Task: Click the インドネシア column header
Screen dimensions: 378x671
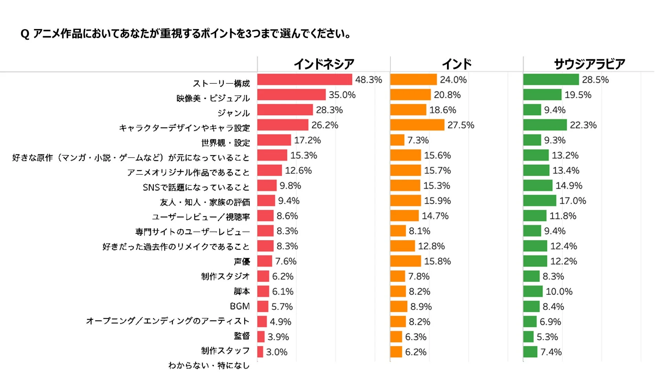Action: pyautogui.click(x=324, y=64)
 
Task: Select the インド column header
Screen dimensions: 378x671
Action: pyautogui.click(x=457, y=64)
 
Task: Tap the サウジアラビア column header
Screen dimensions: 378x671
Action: pyautogui.click(x=589, y=64)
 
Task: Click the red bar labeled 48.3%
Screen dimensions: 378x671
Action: pyautogui.click(x=305, y=80)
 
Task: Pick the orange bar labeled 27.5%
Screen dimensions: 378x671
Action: pyautogui.click(x=417, y=125)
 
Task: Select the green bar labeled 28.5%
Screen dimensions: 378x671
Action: pyautogui.click(x=551, y=80)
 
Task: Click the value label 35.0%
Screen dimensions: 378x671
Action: pyautogui.click(x=342, y=95)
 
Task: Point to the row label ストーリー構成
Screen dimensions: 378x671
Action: pyautogui.click(x=221, y=83)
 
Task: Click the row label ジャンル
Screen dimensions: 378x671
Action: pyautogui.click(x=233, y=113)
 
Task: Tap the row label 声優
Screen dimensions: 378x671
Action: pyautogui.click(x=242, y=262)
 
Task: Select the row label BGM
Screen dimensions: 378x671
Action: pyautogui.click(x=239, y=306)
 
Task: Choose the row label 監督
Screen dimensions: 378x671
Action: pyautogui.click(x=242, y=336)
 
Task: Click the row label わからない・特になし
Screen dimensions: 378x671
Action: pyautogui.click(x=209, y=366)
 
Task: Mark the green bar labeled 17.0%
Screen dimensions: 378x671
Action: pyautogui.click(x=540, y=201)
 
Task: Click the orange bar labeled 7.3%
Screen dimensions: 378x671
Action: pyautogui.click(x=397, y=140)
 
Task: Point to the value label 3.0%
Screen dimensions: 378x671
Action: pyautogui.click(x=277, y=352)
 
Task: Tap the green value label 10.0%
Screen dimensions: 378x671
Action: pyautogui.click(x=559, y=292)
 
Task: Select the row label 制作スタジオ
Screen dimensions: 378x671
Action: pyautogui.click(x=225, y=276)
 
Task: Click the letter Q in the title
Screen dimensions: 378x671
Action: pyautogui.click(x=25, y=34)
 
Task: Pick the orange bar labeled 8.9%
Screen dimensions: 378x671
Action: pyautogui.click(x=398, y=306)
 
